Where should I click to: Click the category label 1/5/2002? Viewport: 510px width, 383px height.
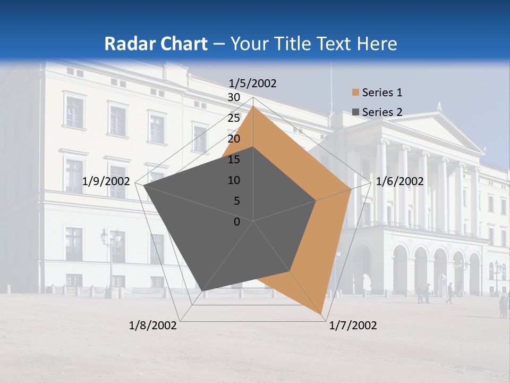pos(253,84)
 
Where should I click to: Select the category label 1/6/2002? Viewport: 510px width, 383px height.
pos(399,181)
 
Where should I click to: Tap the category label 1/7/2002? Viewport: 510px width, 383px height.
pos(353,326)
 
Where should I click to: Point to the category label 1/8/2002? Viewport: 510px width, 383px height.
pos(153,326)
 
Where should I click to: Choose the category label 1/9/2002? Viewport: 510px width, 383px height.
pos(106,181)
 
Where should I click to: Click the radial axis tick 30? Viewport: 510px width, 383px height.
pos(234,97)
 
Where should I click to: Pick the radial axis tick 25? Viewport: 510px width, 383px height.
pos(234,118)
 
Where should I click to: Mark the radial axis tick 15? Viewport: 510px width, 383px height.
pos(234,160)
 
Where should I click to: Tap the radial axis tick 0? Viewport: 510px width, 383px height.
pos(237,222)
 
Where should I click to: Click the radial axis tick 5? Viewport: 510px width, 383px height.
pos(237,201)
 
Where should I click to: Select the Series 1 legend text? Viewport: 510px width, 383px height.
pos(382,93)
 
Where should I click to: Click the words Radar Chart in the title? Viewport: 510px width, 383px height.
pos(156,44)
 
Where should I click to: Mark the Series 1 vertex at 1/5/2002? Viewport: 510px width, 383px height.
pos(253,106)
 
